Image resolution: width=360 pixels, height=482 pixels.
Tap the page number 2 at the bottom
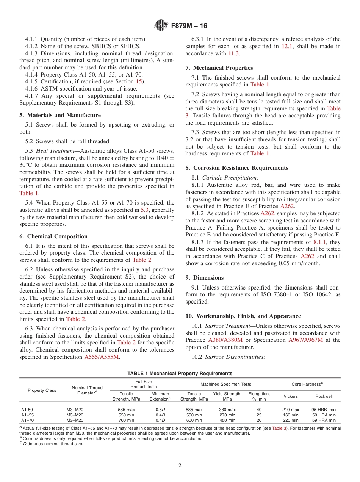click(x=180, y=466)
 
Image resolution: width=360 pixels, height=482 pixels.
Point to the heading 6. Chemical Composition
click(x=57, y=236)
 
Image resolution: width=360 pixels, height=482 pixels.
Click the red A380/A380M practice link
click(x=225, y=340)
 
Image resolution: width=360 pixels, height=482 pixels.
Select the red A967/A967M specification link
click(x=305, y=340)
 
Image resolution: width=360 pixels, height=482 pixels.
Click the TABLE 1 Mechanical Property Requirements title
click(x=180, y=373)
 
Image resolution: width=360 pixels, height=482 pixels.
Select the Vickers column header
click(x=291, y=396)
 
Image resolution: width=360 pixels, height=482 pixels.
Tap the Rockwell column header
click(x=324, y=396)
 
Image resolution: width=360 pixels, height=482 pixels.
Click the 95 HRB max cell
click(x=324, y=410)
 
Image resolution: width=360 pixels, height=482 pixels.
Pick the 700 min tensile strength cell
click(x=126, y=420)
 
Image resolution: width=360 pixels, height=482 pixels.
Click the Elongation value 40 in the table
click(x=259, y=410)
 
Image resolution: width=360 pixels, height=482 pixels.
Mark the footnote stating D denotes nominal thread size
click(x=51, y=444)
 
